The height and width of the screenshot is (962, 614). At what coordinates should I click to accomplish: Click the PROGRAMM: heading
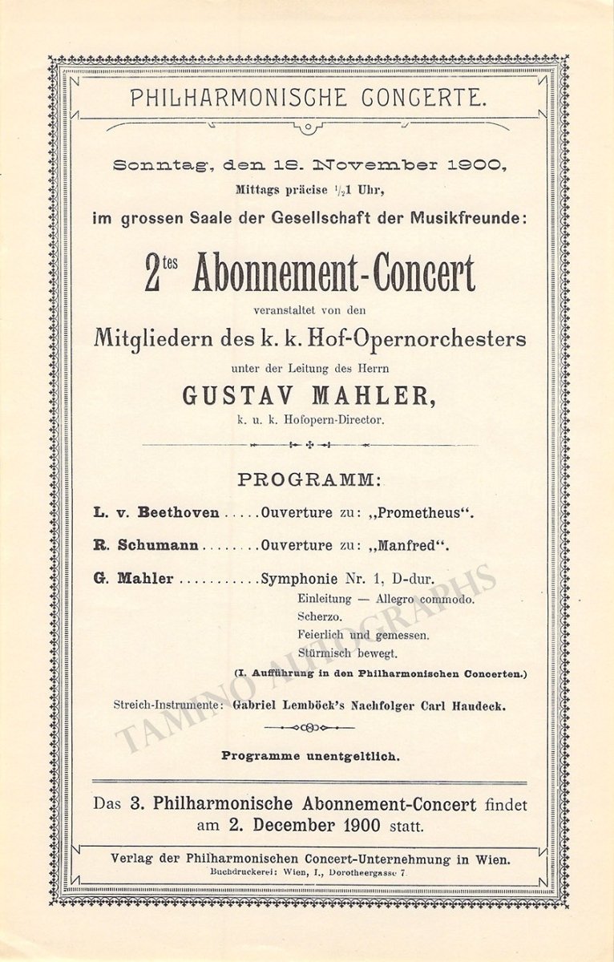309,480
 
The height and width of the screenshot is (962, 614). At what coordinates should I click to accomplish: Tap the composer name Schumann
158,546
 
